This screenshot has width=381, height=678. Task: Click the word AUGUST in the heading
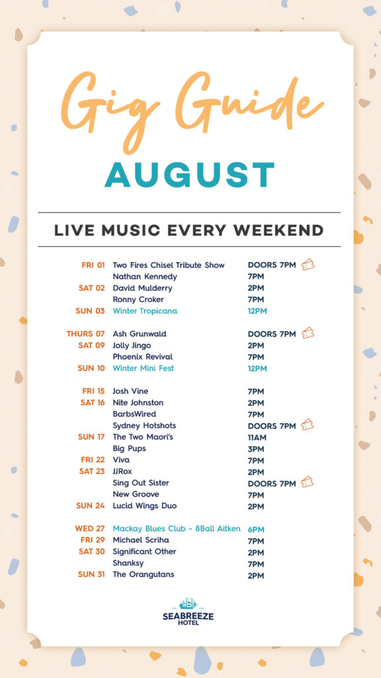click(190, 175)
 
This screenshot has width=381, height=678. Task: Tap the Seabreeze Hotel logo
click(188, 611)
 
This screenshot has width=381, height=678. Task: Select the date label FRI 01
click(93, 265)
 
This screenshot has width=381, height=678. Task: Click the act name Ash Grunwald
click(140, 334)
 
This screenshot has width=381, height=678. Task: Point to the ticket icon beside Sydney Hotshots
click(307, 424)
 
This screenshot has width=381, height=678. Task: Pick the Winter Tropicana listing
click(145, 311)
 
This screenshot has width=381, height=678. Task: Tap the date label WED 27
click(90, 529)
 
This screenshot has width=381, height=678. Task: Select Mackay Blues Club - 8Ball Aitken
click(177, 528)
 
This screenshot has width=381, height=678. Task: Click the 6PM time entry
click(256, 529)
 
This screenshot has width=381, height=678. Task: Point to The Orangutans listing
click(144, 574)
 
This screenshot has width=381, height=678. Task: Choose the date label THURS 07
click(85, 334)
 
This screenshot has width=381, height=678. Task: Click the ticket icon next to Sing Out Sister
click(307, 482)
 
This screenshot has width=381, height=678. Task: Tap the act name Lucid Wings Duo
click(145, 505)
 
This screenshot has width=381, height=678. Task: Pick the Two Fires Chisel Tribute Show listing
click(169, 265)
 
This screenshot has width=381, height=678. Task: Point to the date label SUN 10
click(91, 368)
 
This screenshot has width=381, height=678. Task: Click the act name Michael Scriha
click(141, 540)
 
